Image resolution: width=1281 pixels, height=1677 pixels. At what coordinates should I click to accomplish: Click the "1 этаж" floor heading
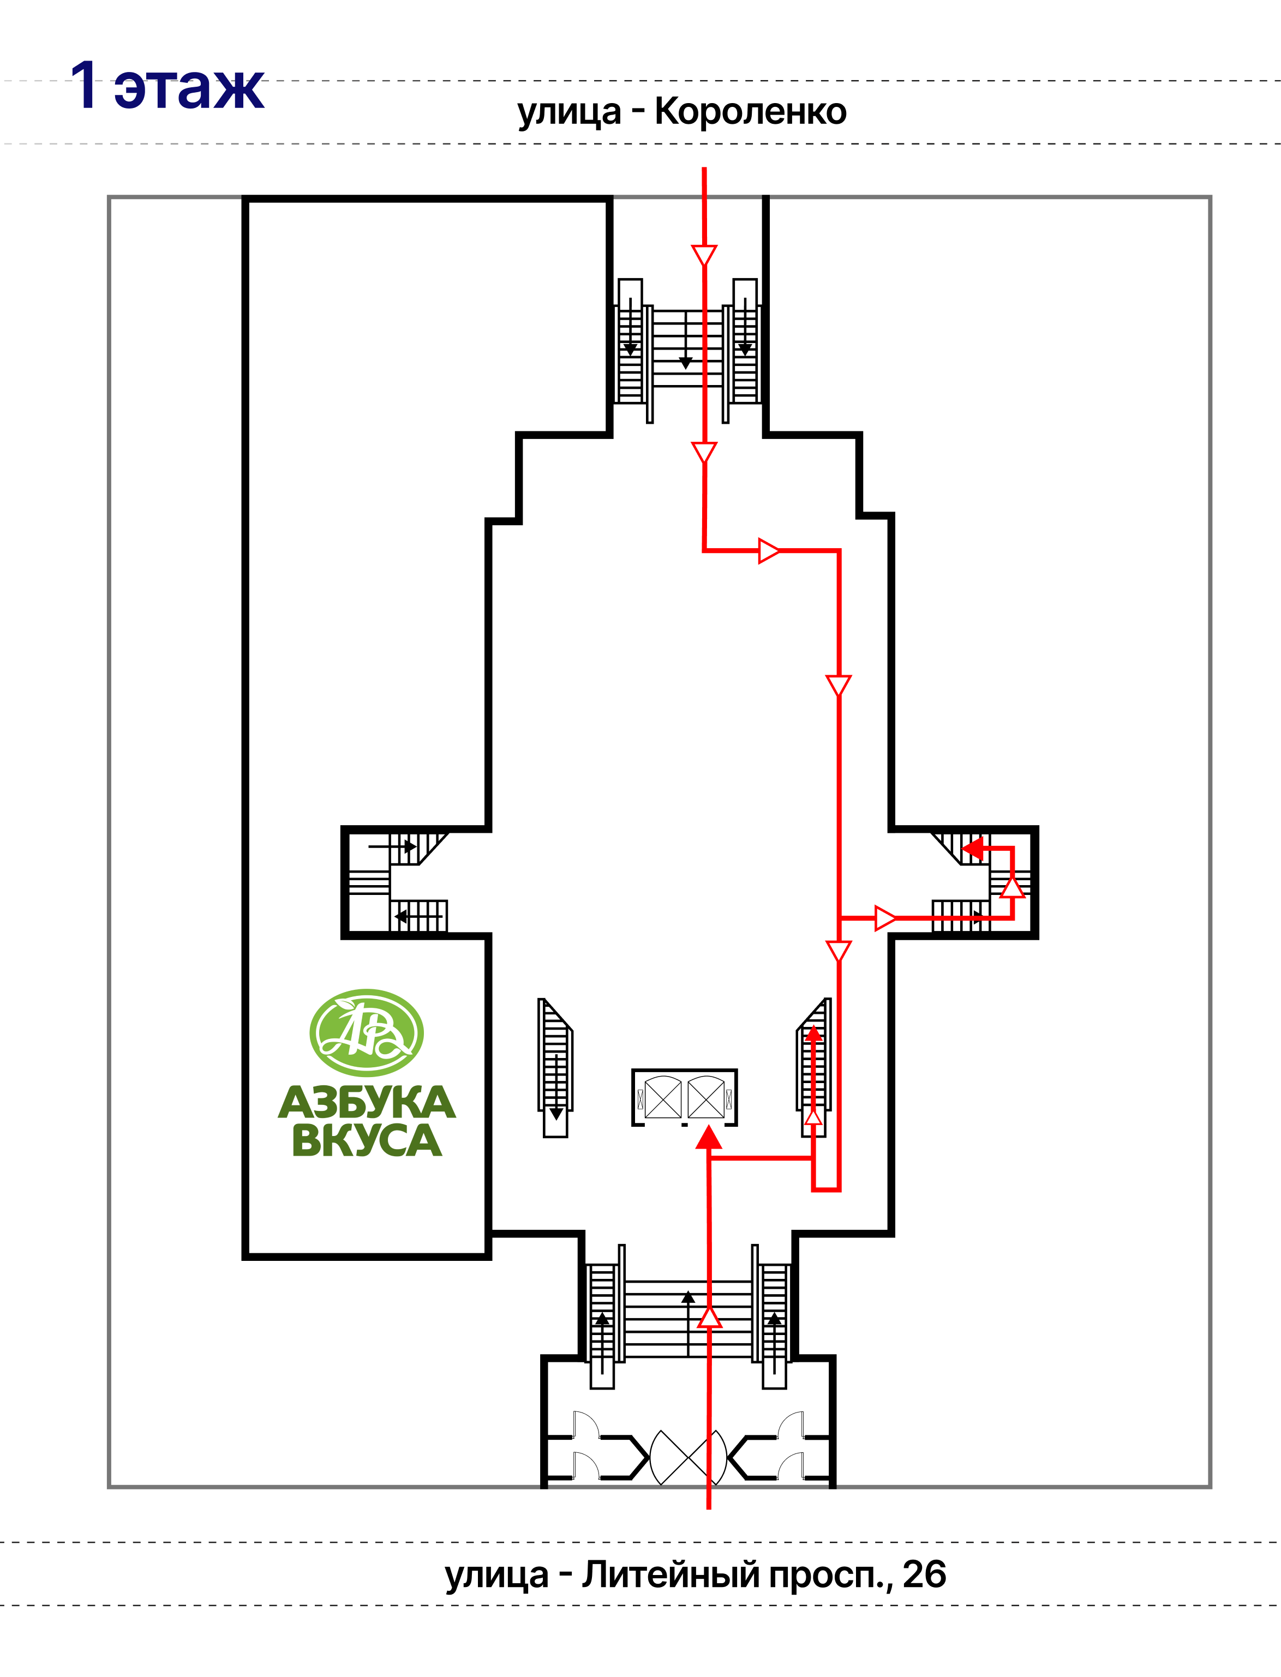167,86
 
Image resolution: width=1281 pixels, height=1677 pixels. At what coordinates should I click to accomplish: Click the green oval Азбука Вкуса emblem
367,1033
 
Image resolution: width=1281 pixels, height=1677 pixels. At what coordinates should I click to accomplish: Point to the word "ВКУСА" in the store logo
367,1140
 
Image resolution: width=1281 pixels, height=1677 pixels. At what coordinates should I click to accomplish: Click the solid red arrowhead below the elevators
709,1137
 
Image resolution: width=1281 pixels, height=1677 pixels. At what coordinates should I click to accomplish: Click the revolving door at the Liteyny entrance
688,1457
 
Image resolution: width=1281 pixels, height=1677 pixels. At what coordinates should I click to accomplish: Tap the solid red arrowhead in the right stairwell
973,847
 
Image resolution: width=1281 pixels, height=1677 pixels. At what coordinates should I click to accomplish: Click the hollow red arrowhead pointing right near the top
769,550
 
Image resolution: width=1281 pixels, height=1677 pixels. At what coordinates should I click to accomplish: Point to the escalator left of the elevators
555,1067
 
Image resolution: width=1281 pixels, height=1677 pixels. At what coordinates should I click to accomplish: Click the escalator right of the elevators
813,1067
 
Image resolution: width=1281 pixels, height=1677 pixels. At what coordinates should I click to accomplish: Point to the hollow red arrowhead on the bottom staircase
710,1317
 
